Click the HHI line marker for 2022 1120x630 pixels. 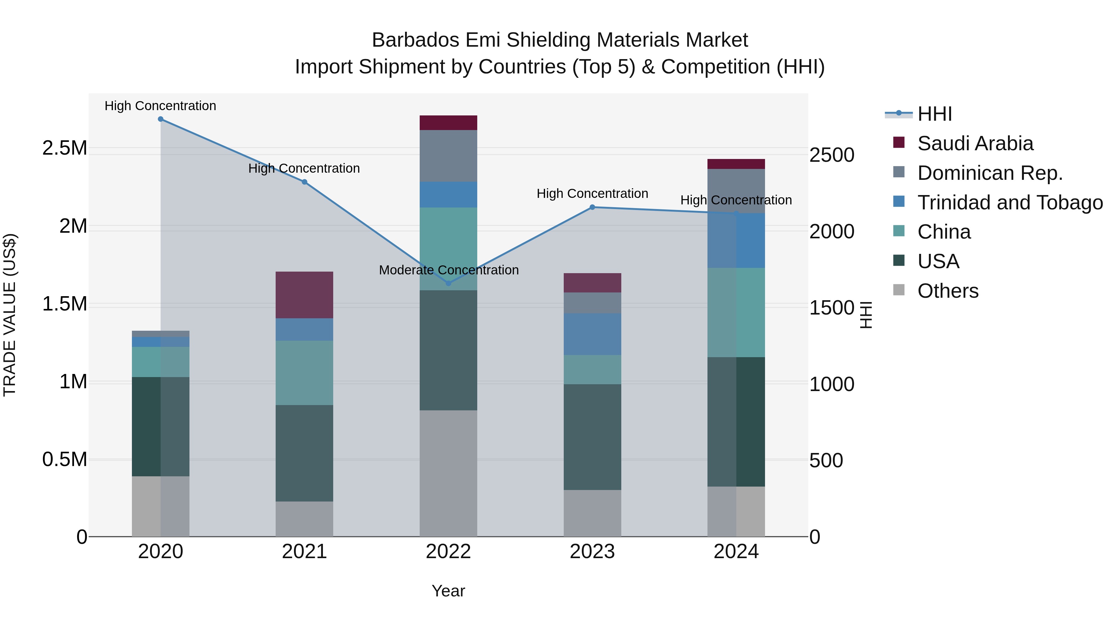point(448,283)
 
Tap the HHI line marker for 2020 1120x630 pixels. point(161,119)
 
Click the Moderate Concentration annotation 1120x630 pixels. point(449,270)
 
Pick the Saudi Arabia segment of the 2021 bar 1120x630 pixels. point(304,295)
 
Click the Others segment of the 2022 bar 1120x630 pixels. point(448,473)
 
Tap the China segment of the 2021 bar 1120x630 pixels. point(304,373)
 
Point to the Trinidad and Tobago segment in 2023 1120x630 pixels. point(592,334)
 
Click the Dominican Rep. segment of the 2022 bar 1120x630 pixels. point(448,156)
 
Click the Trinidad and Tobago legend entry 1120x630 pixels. point(1010,203)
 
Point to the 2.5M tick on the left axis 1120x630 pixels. point(64,148)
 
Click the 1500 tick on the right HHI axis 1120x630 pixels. point(831,308)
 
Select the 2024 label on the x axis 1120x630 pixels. point(736,552)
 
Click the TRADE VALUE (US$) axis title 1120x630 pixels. point(10,315)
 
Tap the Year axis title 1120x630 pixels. point(448,591)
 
